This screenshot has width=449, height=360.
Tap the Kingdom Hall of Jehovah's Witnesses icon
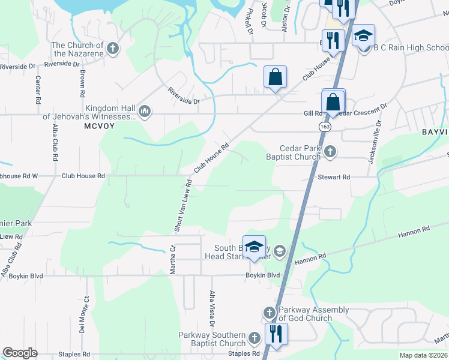[x=145, y=112]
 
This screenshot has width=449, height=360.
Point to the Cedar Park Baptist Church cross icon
[x=330, y=152]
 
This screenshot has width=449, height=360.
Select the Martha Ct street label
[x=172, y=259]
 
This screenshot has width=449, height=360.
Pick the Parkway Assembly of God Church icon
[x=269, y=313]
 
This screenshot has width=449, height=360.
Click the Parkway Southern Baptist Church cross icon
[x=254, y=338]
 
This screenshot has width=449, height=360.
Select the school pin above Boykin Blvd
[x=254, y=247]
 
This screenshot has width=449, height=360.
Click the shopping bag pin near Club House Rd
[x=275, y=76]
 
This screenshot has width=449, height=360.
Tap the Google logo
[x=20, y=353]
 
